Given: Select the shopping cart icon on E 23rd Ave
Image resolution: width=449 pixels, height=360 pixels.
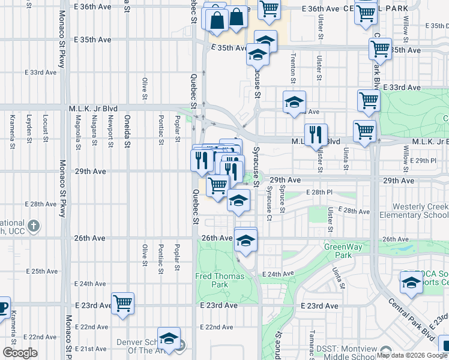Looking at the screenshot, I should point(123,303).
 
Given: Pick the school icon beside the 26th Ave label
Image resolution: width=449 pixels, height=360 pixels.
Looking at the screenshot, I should point(245,240).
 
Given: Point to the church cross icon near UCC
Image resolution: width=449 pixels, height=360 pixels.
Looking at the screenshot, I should point(34,226).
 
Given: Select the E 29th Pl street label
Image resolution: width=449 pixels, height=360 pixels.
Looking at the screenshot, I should point(424,161).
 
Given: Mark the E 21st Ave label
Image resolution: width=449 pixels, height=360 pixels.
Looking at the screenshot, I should point(91,349).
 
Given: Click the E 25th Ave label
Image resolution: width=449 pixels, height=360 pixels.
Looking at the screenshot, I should point(41,271).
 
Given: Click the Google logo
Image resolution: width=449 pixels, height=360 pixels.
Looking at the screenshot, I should point(20,352).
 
